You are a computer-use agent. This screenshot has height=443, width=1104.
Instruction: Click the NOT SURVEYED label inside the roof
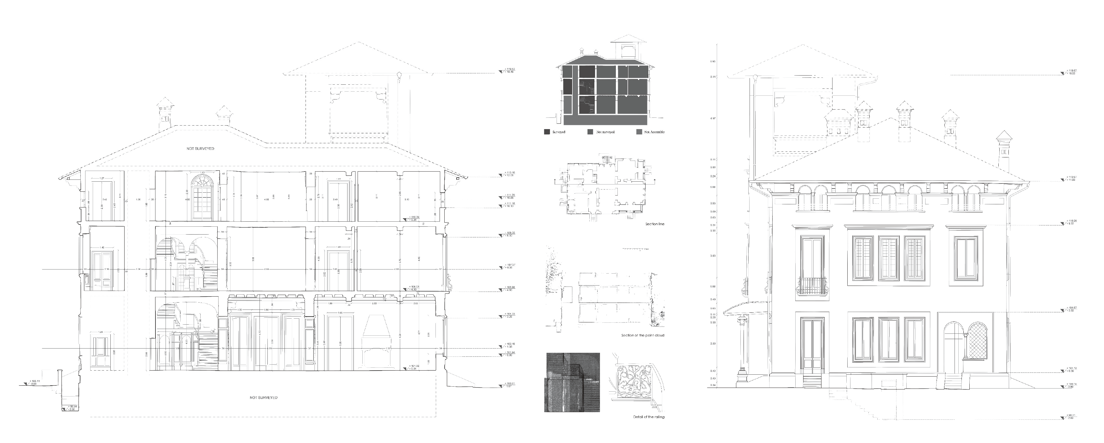[200, 149]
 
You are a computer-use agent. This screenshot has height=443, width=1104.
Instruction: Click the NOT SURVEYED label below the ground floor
[264, 398]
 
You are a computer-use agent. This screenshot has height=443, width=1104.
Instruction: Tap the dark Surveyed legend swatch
[547, 132]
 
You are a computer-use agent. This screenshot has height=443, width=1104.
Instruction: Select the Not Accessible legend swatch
[640, 132]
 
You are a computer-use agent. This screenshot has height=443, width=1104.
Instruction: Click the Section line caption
[654, 224]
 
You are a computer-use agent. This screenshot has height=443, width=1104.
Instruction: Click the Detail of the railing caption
[648, 417]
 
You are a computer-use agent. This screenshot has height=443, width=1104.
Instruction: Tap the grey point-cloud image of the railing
[572, 382]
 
